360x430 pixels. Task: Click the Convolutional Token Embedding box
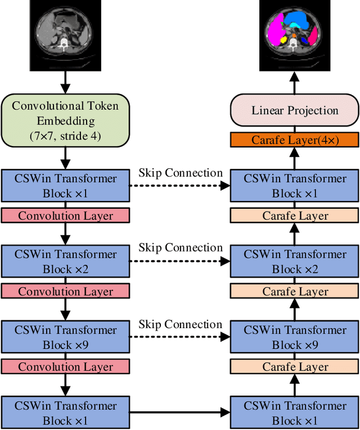tap(65, 120)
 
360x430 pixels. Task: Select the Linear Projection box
tap(295, 110)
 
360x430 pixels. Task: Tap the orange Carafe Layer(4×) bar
tap(295, 140)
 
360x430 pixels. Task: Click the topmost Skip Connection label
tap(181, 172)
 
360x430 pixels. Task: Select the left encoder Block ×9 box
tap(65, 337)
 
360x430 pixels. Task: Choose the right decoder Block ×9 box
tap(295, 337)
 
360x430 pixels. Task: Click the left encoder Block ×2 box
tap(65, 262)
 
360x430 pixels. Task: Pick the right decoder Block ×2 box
tap(295, 262)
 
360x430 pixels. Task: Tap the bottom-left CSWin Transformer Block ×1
tap(65, 413)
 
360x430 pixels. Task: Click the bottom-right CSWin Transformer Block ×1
tap(295, 413)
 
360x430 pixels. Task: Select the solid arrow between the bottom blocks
tap(180, 413)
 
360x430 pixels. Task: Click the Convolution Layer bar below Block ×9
tap(65, 367)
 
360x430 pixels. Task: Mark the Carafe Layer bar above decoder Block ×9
tap(295, 367)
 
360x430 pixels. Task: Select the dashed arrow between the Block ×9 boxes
tap(180, 338)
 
